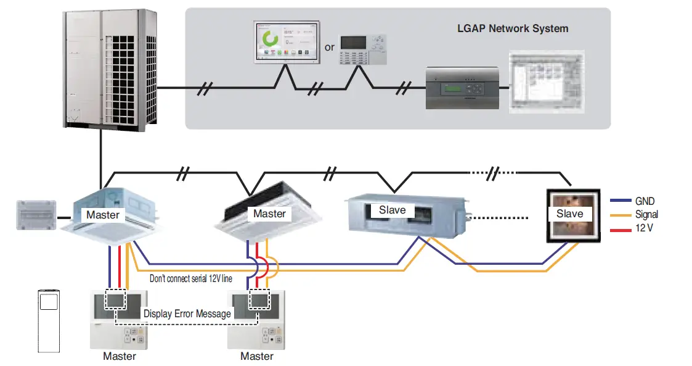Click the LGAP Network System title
tap(513, 28)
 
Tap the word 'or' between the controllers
tap(330, 48)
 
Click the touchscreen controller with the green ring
tap(287, 43)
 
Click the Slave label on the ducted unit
tap(393, 210)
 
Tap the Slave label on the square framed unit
tap(569, 214)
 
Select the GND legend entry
tap(645, 201)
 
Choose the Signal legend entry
tap(646, 214)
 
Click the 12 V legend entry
tap(645, 227)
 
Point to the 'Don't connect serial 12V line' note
tap(191, 278)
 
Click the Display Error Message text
tap(187, 314)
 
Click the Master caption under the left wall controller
tap(120, 356)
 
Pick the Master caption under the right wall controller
tap(257, 356)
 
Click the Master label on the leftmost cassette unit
tap(103, 215)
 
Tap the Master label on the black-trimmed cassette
tap(269, 214)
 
